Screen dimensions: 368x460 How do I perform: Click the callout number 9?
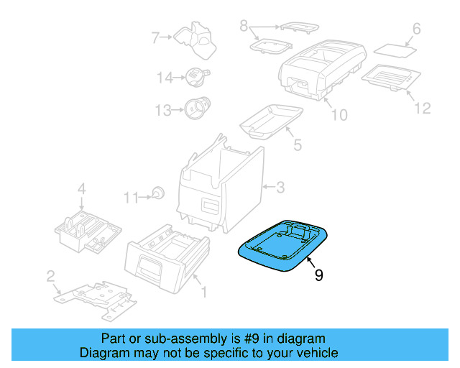tap(318, 275)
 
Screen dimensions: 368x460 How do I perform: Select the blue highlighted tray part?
tap(283, 246)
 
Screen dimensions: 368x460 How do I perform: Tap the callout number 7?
tap(155, 37)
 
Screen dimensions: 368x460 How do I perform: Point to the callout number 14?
tap(165, 78)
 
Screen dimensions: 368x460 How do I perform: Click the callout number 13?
tap(165, 110)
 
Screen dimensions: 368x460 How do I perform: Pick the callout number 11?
tap(129, 196)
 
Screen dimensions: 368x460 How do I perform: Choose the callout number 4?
tap(81, 189)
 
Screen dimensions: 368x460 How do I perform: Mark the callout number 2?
tap(50, 276)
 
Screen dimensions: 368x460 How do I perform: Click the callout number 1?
tap(203, 292)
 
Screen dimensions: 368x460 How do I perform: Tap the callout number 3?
tap(280, 188)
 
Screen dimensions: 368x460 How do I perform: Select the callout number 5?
tap(297, 144)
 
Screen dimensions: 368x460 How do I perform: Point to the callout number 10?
tap(339, 115)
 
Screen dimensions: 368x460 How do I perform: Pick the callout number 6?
tap(415, 29)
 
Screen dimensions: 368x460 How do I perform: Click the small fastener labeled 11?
tap(157, 193)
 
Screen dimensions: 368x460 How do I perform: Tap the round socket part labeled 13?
tap(195, 109)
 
